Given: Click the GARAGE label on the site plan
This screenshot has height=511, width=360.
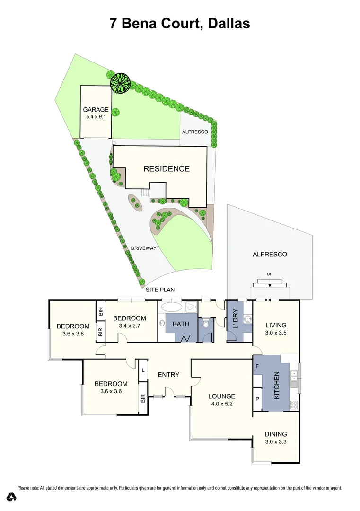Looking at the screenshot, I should [x=96, y=110].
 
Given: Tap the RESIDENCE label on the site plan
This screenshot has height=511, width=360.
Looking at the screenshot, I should [x=167, y=169].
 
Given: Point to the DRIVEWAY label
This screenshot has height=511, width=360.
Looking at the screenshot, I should [x=144, y=248].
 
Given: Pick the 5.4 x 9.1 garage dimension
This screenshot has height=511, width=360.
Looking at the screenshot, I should [x=96, y=117].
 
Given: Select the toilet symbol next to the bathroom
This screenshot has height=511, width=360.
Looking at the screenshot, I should [x=205, y=325].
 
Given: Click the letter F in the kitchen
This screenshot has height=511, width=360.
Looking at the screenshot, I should [x=257, y=366].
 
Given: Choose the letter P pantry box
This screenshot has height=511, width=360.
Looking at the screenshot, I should [x=257, y=399].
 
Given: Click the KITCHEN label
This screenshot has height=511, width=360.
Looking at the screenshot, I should [x=277, y=384].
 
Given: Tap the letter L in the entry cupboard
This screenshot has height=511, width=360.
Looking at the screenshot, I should [x=143, y=370].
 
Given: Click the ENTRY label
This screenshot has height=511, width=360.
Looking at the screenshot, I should [x=168, y=375].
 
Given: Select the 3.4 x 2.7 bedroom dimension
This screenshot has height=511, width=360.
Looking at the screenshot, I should [x=129, y=326].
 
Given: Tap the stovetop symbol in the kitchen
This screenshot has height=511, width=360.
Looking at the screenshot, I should [x=293, y=405].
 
